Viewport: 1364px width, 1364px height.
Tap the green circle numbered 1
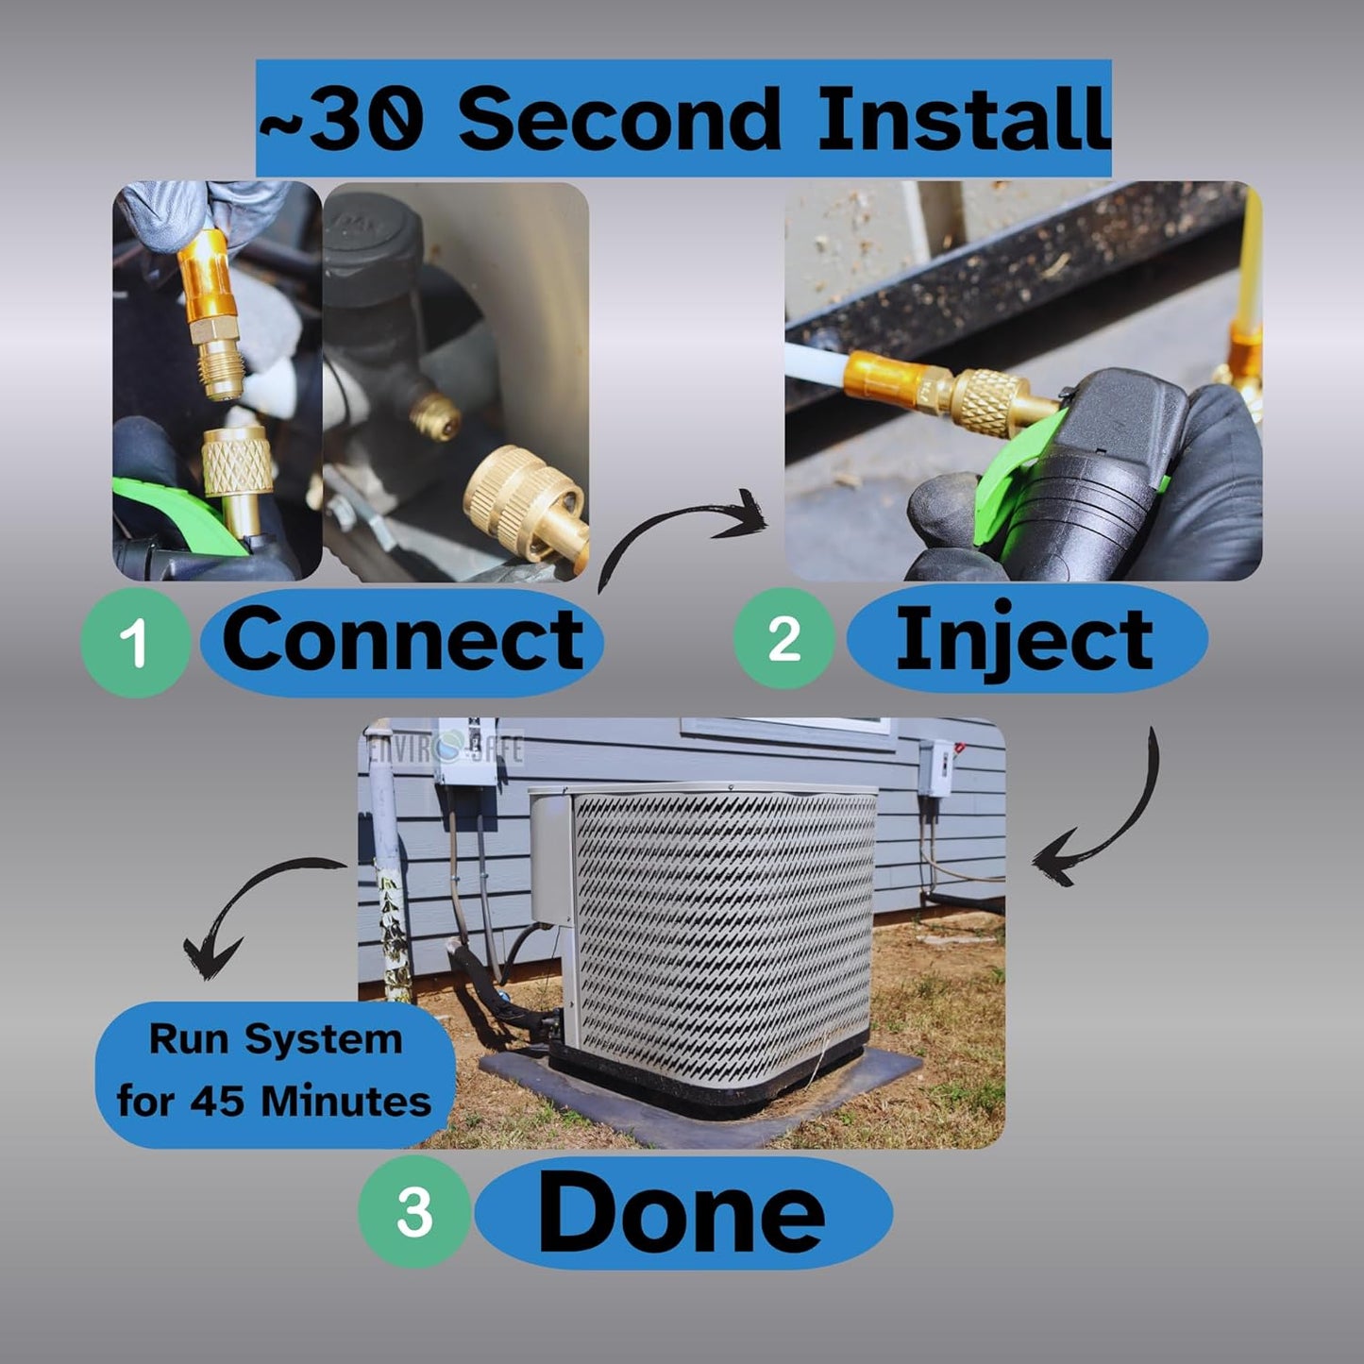(x=135, y=643)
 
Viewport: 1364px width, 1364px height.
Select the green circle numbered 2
(x=784, y=639)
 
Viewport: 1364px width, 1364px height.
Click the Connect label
(x=402, y=641)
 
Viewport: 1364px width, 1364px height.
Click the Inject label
(x=1027, y=638)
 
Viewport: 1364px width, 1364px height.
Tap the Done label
(x=683, y=1211)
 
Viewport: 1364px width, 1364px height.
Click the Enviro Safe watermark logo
(x=446, y=747)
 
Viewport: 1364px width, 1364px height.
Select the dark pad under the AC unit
(x=700, y=1096)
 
